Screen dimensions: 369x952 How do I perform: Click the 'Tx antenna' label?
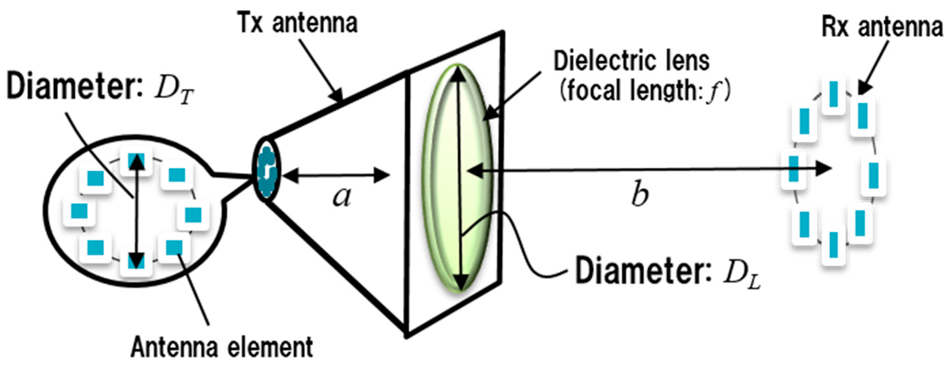(297, 23)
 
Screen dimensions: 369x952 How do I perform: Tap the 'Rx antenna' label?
(882, 27)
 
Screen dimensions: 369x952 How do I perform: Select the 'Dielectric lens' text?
(631, 61)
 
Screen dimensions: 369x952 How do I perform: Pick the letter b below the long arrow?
(639, 195)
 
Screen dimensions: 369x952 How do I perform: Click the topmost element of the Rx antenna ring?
(833, 94)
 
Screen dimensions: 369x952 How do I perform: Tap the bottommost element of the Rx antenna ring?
(833, 244)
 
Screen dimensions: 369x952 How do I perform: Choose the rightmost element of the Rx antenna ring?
(873, 176)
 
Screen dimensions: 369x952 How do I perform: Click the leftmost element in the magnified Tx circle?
(79, 211)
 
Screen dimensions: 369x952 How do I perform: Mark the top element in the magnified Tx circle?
(136, 161)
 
